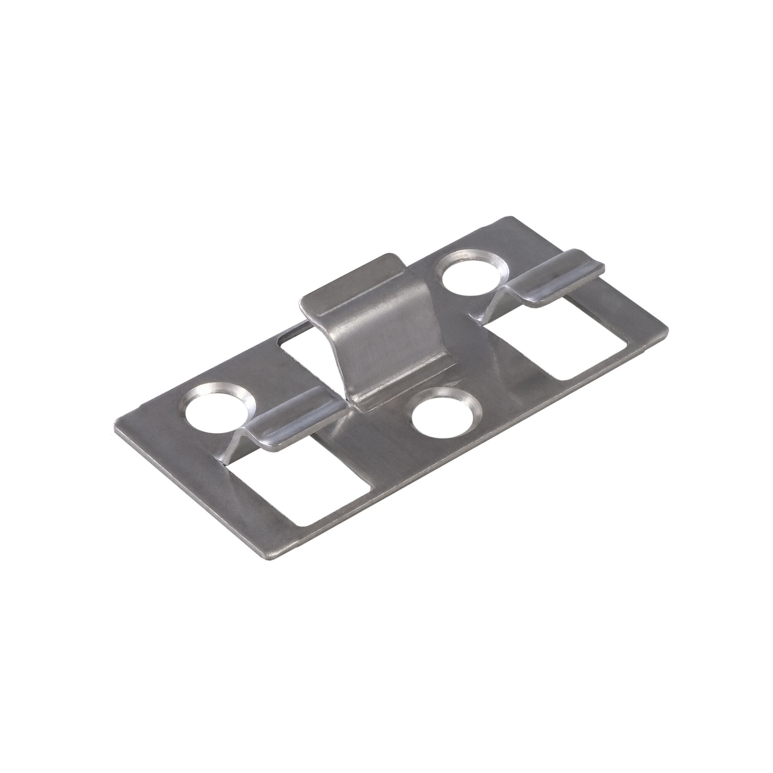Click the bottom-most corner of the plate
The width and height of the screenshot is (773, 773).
point(276,557)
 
